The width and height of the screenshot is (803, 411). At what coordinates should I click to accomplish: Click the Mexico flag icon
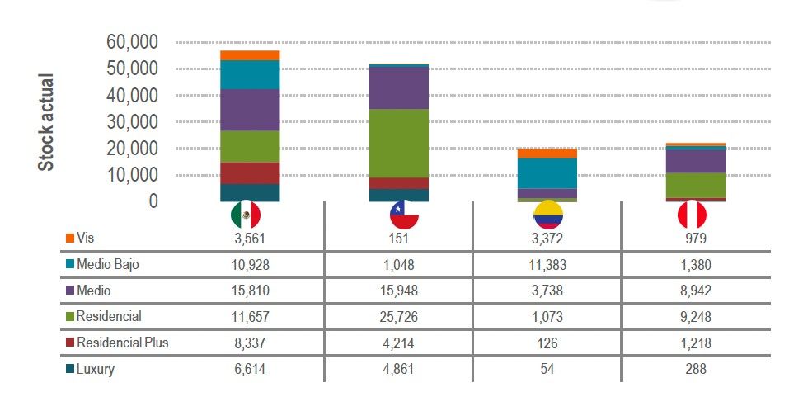(245, 215)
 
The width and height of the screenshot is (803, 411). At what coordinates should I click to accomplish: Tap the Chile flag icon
(404, 215)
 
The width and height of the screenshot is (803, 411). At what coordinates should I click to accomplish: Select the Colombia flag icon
(547, 215)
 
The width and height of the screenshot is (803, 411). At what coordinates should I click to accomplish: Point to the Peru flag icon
(691, 215)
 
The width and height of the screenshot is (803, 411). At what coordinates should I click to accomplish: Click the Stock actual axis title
(47, 122)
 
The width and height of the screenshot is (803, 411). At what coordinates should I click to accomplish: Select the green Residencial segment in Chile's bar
(398, 143)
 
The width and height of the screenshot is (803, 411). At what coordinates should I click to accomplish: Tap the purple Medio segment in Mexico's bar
(250, 110)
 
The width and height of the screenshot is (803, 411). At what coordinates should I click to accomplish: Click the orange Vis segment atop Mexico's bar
(250, 55)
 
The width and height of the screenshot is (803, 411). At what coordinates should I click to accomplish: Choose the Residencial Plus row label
(122, 342)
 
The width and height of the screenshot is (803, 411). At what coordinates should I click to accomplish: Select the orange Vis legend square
(70, 239)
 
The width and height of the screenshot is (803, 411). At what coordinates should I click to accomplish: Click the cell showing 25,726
(404, 316)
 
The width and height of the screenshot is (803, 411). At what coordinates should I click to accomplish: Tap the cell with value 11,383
(547, 264)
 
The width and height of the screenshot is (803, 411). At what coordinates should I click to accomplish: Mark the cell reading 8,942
(691, 291)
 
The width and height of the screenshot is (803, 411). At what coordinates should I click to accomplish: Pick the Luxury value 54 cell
(547, 369)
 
